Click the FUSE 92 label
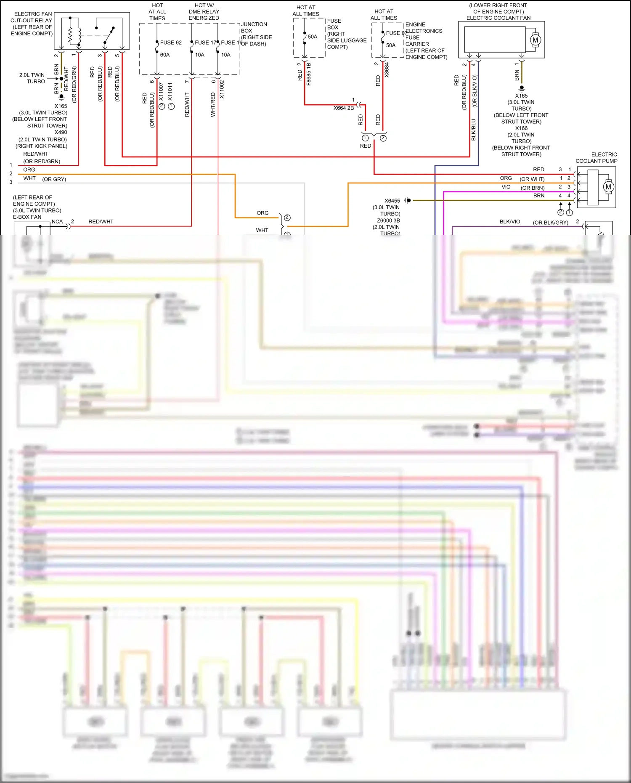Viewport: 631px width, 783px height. coord(171,42)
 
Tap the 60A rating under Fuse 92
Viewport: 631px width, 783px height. coord(165,55)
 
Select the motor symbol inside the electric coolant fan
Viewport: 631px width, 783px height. coord(535,40)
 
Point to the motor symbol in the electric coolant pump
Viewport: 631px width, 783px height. coord(608,187)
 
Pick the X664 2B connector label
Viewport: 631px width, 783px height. coord(344,108)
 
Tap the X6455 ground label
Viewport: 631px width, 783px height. coord(392,201)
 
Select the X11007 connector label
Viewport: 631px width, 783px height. coord(161,91)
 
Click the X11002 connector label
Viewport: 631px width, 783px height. coord(222,90)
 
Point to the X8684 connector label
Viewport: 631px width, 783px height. coord(387,70)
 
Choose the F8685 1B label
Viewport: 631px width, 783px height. coord(308,74)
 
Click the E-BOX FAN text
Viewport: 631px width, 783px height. coord(27,217)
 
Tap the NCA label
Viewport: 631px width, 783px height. coord(57,222)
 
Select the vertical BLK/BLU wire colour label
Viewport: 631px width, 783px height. coord(473,130)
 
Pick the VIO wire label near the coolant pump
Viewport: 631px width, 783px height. coord(506,187)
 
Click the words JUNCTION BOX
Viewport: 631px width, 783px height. coord(254,27)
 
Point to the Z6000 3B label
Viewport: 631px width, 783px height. coord(388,220)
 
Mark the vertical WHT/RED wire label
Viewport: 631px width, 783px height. coord(213,105)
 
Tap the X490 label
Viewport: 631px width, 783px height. coord(61,132)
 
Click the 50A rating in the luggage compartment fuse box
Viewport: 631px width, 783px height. coord(313,37)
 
